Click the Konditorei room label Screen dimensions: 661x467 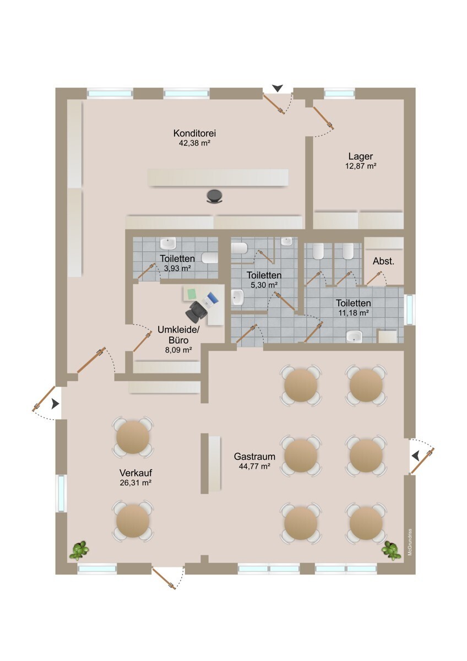point(194,133)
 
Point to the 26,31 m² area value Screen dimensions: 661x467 point(135,483)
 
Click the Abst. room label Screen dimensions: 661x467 point(383,261)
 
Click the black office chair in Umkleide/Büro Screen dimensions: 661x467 point(196,312)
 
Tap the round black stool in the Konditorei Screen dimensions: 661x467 point(214,196)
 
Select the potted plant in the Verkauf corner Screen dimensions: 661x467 point(80,550)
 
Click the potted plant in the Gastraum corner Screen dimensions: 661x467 point(391,550)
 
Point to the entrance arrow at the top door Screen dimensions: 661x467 point(278,88)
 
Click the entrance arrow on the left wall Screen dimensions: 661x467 point(55,404)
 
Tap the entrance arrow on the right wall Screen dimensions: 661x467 point(415,455)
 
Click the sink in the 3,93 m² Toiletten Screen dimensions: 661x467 point(167,243)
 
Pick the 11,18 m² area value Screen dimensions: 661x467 point(352,312)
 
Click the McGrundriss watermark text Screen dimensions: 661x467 point(410,542)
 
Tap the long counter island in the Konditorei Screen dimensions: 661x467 point(218,178)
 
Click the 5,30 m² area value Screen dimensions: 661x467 point(264,285)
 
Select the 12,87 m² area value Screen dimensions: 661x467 point(362,166)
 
